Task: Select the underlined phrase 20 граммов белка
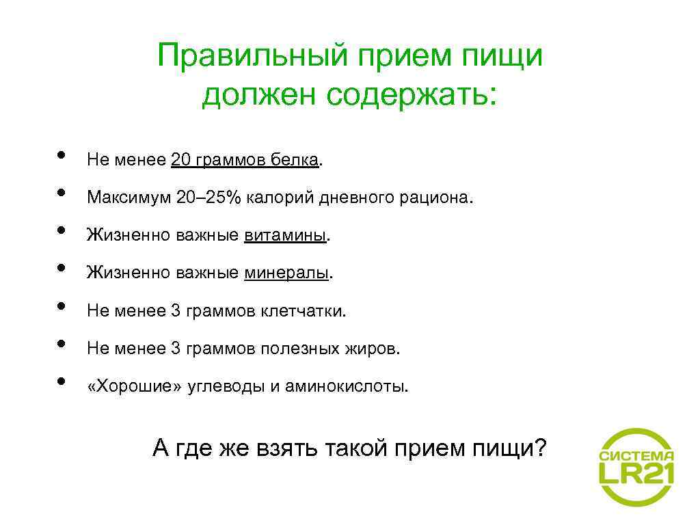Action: (x=245, y=160)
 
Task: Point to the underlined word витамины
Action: (x=286, y=236)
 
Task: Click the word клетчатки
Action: (x=303, y=311)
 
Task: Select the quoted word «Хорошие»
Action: (x=135, y=386)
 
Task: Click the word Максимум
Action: (x=128, y=198)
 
